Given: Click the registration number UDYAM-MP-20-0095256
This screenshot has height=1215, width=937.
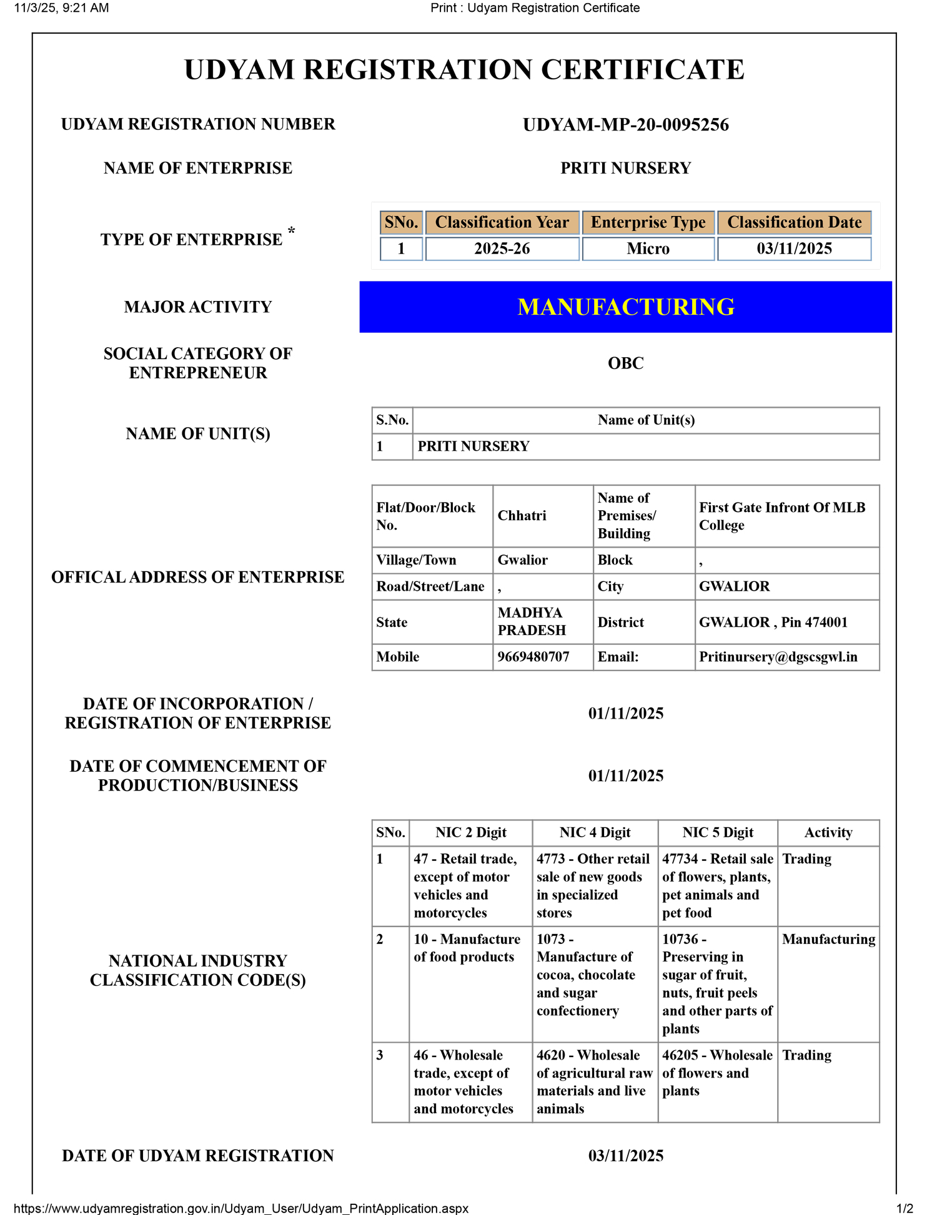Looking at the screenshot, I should pos(625,125).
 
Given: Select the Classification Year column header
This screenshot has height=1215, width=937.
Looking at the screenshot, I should pos(502,223).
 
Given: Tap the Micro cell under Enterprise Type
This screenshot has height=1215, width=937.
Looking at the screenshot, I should pos(648,248).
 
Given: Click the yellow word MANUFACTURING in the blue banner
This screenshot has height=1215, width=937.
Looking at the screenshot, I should pos(625,307).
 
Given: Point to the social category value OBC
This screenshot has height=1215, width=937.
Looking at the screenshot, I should pos(625,363).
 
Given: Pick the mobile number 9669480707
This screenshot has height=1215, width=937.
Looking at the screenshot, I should pos(533,657).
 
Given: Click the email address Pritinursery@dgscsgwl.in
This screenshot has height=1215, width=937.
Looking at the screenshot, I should pos(778,657).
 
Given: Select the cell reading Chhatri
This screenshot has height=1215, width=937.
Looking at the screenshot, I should pos(522,516).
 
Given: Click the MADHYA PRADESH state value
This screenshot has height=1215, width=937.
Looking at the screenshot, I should pos(531,622).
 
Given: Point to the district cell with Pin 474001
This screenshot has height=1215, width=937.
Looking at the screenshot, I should pos(773,622).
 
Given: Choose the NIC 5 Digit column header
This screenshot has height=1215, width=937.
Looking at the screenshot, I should pos(718,833).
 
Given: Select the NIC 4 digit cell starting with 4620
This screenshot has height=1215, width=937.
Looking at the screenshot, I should pos(594,1081).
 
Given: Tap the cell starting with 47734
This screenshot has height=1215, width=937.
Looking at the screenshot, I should pos(717,886).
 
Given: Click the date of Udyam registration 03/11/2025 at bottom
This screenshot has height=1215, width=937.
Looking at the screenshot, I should pos(625,1156).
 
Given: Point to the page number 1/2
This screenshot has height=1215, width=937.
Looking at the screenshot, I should pos(905,1208).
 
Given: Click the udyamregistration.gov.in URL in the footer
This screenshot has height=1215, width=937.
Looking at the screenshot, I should pos(240,1208).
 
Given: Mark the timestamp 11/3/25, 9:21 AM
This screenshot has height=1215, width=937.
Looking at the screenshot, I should pos(61,8).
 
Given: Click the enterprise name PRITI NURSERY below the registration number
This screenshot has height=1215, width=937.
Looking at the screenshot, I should pos(625,169).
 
